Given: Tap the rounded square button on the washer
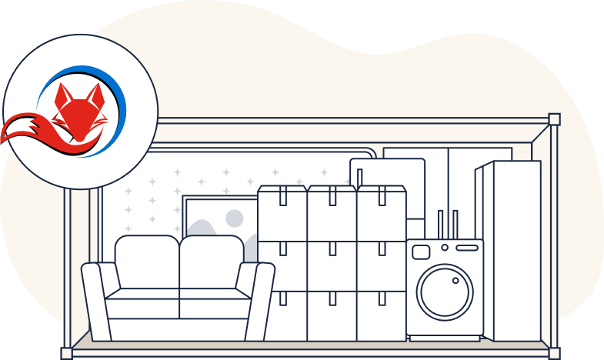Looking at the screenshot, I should coord(421,252).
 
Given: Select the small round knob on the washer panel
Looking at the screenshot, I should coord(444,248).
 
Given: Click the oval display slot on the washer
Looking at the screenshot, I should coord(466,248).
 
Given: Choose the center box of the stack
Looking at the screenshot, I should coord(332,265).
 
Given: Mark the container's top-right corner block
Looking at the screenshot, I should coord(554,119).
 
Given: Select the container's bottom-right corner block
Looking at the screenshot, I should coord(554,353).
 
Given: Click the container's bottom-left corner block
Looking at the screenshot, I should coord(66,353).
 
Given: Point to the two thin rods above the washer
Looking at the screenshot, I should coord(447,225).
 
